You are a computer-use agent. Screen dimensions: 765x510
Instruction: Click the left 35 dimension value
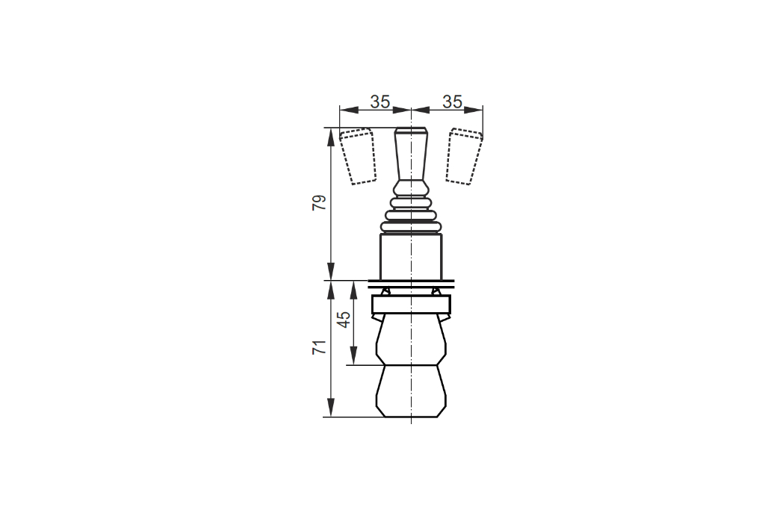click(380, 102)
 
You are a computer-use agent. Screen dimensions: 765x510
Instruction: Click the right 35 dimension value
click(452, 102)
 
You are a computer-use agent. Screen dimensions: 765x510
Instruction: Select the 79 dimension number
click(319, 202)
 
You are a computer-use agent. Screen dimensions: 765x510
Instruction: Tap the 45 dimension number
click(344, 320)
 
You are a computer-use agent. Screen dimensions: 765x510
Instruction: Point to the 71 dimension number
click(319, 347)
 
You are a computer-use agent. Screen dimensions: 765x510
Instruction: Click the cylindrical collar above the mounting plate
click(412, 257)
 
